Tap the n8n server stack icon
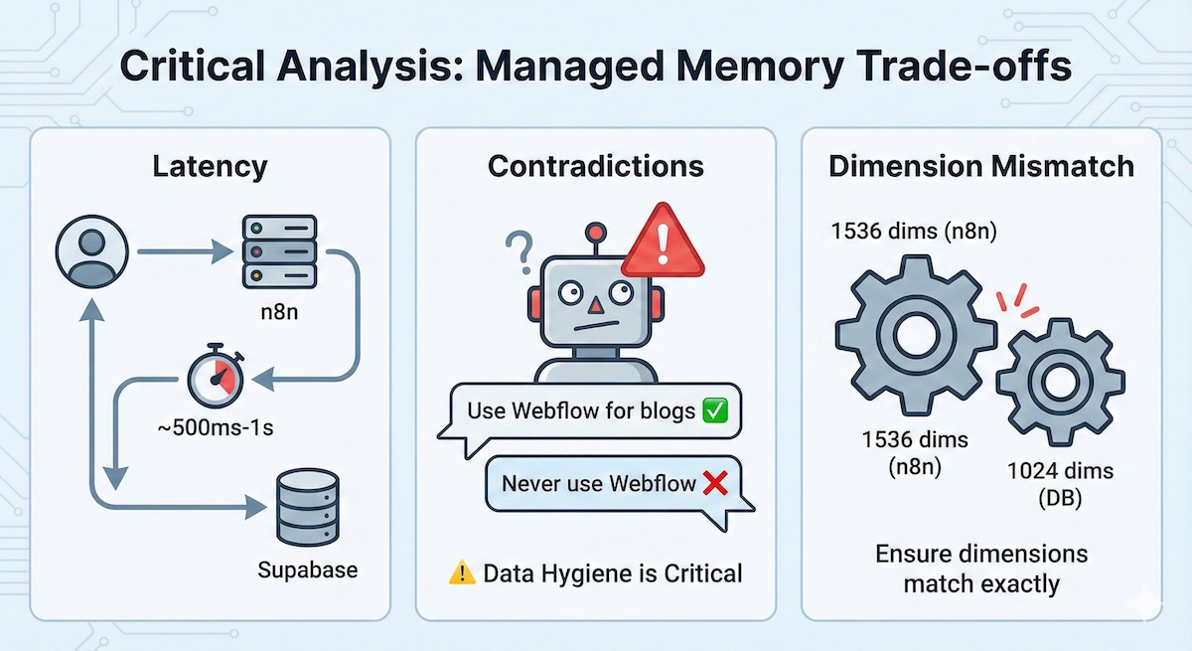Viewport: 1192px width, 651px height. click(x=278, y=252)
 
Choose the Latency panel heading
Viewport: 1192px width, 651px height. click(x=210, y=166)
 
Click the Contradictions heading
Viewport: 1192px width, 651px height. click(x=596, y=166)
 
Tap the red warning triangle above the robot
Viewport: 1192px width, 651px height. click(x=663, y=242)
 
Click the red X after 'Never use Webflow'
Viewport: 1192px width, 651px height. click(x=715, y=484)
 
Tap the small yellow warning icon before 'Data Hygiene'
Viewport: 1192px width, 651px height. click(x=462, y=572)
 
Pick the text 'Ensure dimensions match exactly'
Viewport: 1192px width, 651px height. click(x=981, y=568)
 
